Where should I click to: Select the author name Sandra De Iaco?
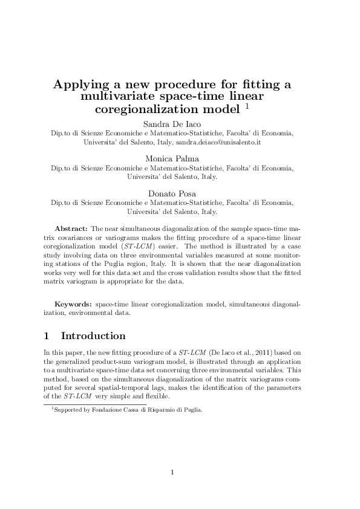[180, 124]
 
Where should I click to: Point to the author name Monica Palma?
[180, 158]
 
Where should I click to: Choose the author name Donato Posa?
[180, 193]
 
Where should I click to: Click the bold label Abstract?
[71, 230]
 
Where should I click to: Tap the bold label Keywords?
[74, 305]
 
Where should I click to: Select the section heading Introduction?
[93, 336]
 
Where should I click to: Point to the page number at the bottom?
[172, 472]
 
